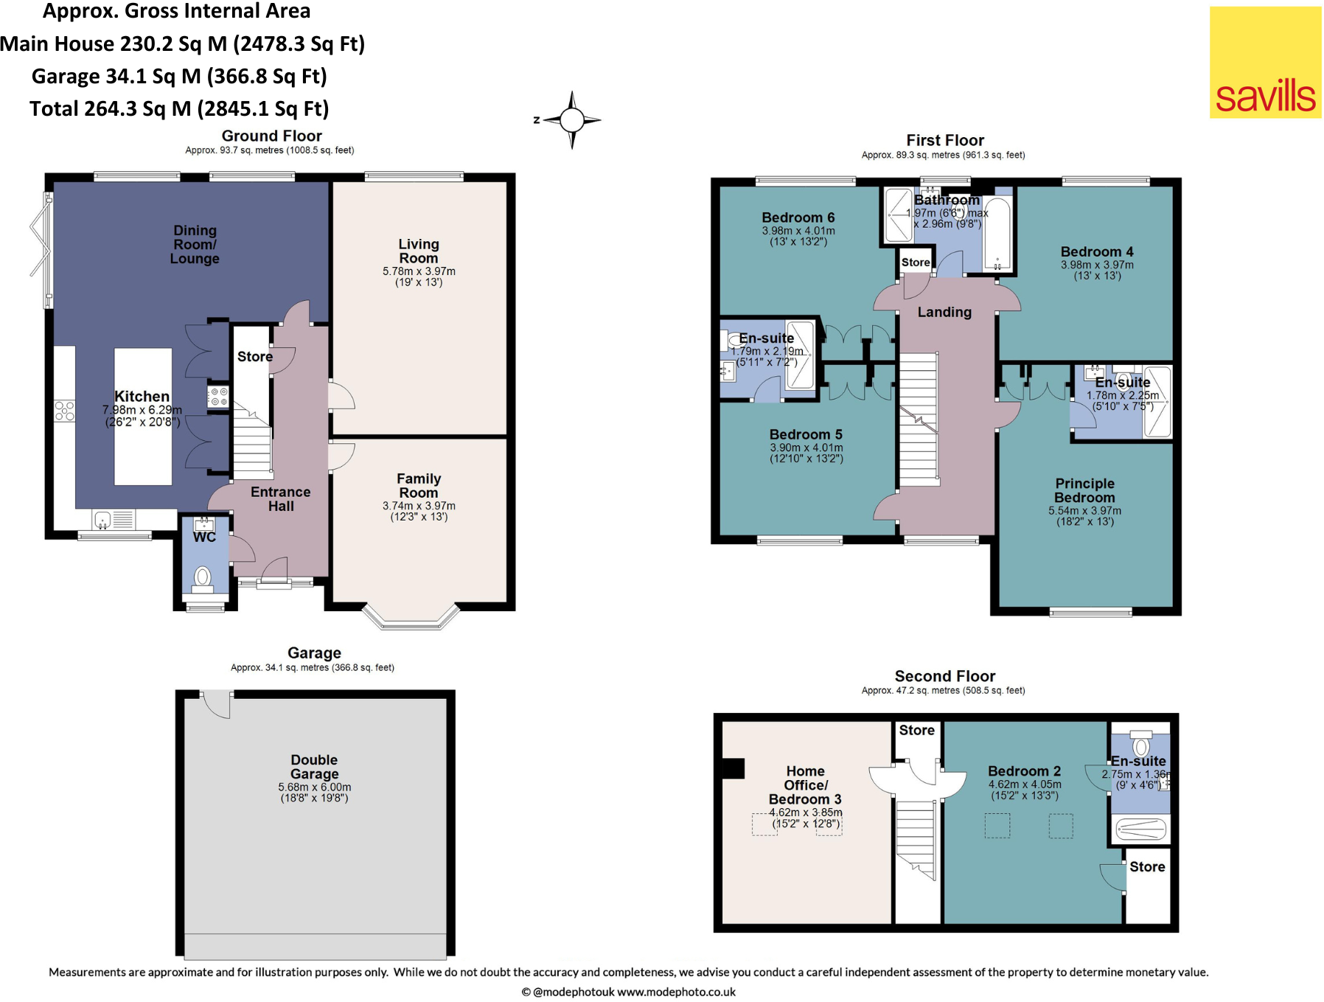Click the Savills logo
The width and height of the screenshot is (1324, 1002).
coord(1265,62)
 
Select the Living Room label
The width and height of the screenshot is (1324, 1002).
coord(419,251)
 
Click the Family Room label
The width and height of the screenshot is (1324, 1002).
coord(419,485)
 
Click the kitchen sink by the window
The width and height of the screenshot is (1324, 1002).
coord(103,520)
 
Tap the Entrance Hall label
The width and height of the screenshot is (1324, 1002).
coord(281,499)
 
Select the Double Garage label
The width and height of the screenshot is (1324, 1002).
coord(315,767)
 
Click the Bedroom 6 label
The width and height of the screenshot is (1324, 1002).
coord(798,218)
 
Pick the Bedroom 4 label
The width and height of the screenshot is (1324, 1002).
coord(1097,251)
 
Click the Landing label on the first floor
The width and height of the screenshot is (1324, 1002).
coord(944,312)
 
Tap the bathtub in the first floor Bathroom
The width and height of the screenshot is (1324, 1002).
coord(997,233)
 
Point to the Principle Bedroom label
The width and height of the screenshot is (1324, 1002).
coord(1085,490)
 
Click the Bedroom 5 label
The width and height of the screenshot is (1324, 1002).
coord(806,435)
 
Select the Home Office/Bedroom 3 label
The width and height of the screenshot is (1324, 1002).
coord(805,785)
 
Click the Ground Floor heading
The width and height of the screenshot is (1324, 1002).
coord(272,136)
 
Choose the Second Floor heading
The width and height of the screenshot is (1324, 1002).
coord(945,676)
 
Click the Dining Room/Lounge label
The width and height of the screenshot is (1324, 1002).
coord(195,245)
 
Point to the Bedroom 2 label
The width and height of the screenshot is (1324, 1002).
coord(1025,771)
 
